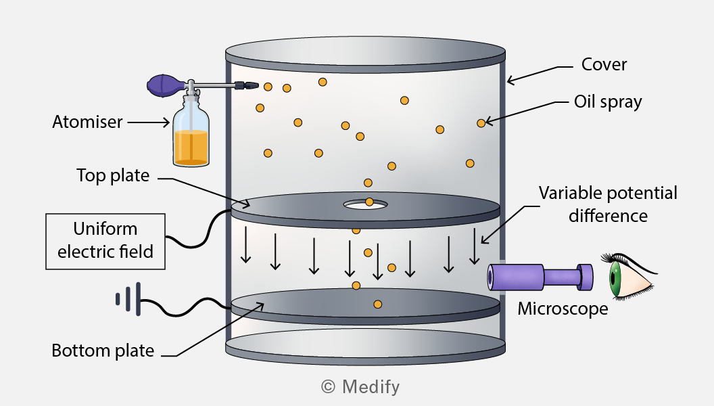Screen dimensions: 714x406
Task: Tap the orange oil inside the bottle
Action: point(191,148)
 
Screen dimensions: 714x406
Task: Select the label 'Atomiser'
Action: point(87,122)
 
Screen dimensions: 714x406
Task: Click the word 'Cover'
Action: point(604,65)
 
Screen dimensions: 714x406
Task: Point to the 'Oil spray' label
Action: point(608,102)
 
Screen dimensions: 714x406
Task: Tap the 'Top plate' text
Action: point(113,175)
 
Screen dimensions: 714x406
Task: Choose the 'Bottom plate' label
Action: point(103,351)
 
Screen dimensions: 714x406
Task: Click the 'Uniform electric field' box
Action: point(105,241)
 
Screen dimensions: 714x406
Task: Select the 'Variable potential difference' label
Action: point(608,204)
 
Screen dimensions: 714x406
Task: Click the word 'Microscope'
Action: point(563,309)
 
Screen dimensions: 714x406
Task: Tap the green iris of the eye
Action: point(615,277)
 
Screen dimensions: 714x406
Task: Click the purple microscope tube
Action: point(540,277)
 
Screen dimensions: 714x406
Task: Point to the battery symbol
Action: point(128,299)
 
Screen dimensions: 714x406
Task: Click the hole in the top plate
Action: point(366,204)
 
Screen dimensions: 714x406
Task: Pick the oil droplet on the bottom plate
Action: point(377,304)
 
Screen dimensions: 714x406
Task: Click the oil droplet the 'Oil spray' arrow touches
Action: point(481,123)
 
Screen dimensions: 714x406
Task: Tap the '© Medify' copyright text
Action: point(360,387)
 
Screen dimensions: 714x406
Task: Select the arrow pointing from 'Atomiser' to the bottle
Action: point(149,122)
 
